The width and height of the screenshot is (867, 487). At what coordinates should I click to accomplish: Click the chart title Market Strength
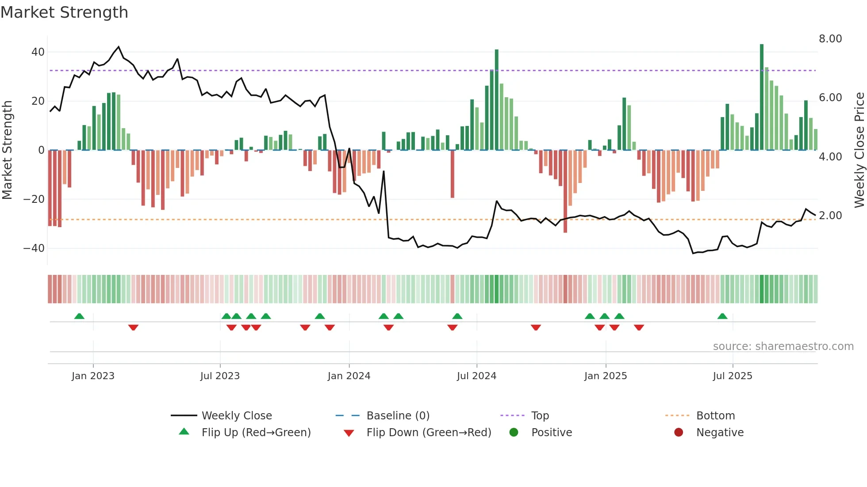coord(64,12)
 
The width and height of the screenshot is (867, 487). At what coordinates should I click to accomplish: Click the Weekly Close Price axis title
coord(859,150)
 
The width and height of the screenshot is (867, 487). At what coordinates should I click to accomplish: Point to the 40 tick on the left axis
coord(38,52)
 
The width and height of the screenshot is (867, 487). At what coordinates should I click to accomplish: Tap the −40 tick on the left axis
coord(34,248)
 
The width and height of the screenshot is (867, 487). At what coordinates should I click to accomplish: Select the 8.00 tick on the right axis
coord(830,39)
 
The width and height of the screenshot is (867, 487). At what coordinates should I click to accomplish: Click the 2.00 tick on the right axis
coord(830,216)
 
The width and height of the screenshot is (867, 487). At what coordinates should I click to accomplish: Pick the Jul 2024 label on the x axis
coord(476,376)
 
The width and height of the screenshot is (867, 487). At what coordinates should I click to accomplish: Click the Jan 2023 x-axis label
coord(93,376)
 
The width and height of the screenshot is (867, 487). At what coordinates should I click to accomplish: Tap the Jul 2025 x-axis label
coord(732,376)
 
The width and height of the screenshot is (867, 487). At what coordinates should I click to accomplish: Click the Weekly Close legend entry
coord(236,416)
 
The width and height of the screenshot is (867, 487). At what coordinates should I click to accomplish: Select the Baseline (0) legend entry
coord(398,416)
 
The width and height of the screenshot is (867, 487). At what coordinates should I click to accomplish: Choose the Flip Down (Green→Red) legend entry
coord(428,433)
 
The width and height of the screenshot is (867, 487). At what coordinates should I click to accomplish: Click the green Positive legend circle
coord(514,433)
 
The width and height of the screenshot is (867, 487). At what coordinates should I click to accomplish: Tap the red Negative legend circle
coord(678,433)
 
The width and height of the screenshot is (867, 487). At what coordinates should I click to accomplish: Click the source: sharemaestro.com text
coord(783,346)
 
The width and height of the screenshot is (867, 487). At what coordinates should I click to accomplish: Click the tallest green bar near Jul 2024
coord(496,99)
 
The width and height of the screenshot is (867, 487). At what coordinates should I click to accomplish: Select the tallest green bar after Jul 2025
coord(761,97)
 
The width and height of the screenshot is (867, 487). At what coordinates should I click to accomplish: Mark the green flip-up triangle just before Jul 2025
coord(722,316)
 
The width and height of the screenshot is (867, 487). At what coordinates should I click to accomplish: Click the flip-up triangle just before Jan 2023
coord(79,316)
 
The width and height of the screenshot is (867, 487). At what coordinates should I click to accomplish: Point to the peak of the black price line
coord(118,46)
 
